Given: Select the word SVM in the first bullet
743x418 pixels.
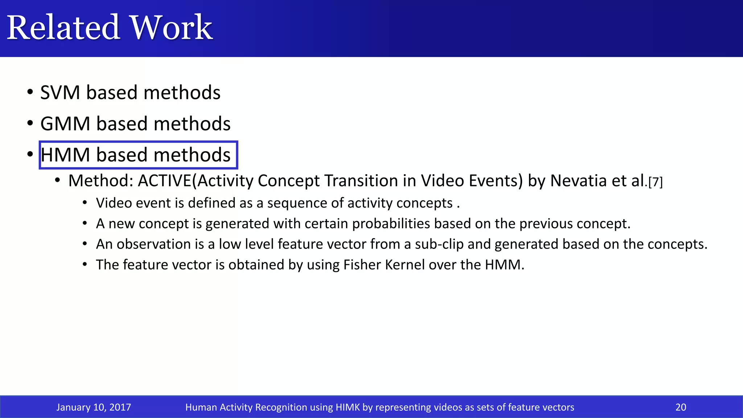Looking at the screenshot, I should pos(60,93).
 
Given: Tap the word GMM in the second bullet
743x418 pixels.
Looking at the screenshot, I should pos(65,124).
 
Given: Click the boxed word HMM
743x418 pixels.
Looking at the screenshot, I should pos(65,155).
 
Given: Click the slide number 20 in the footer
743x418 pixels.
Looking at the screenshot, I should pos(681,407).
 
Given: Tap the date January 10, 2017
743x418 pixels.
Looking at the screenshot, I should pos(94,407).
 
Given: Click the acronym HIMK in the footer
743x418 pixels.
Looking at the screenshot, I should pos(347,407).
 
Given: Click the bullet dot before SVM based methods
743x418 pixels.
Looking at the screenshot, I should pos(30,92).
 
